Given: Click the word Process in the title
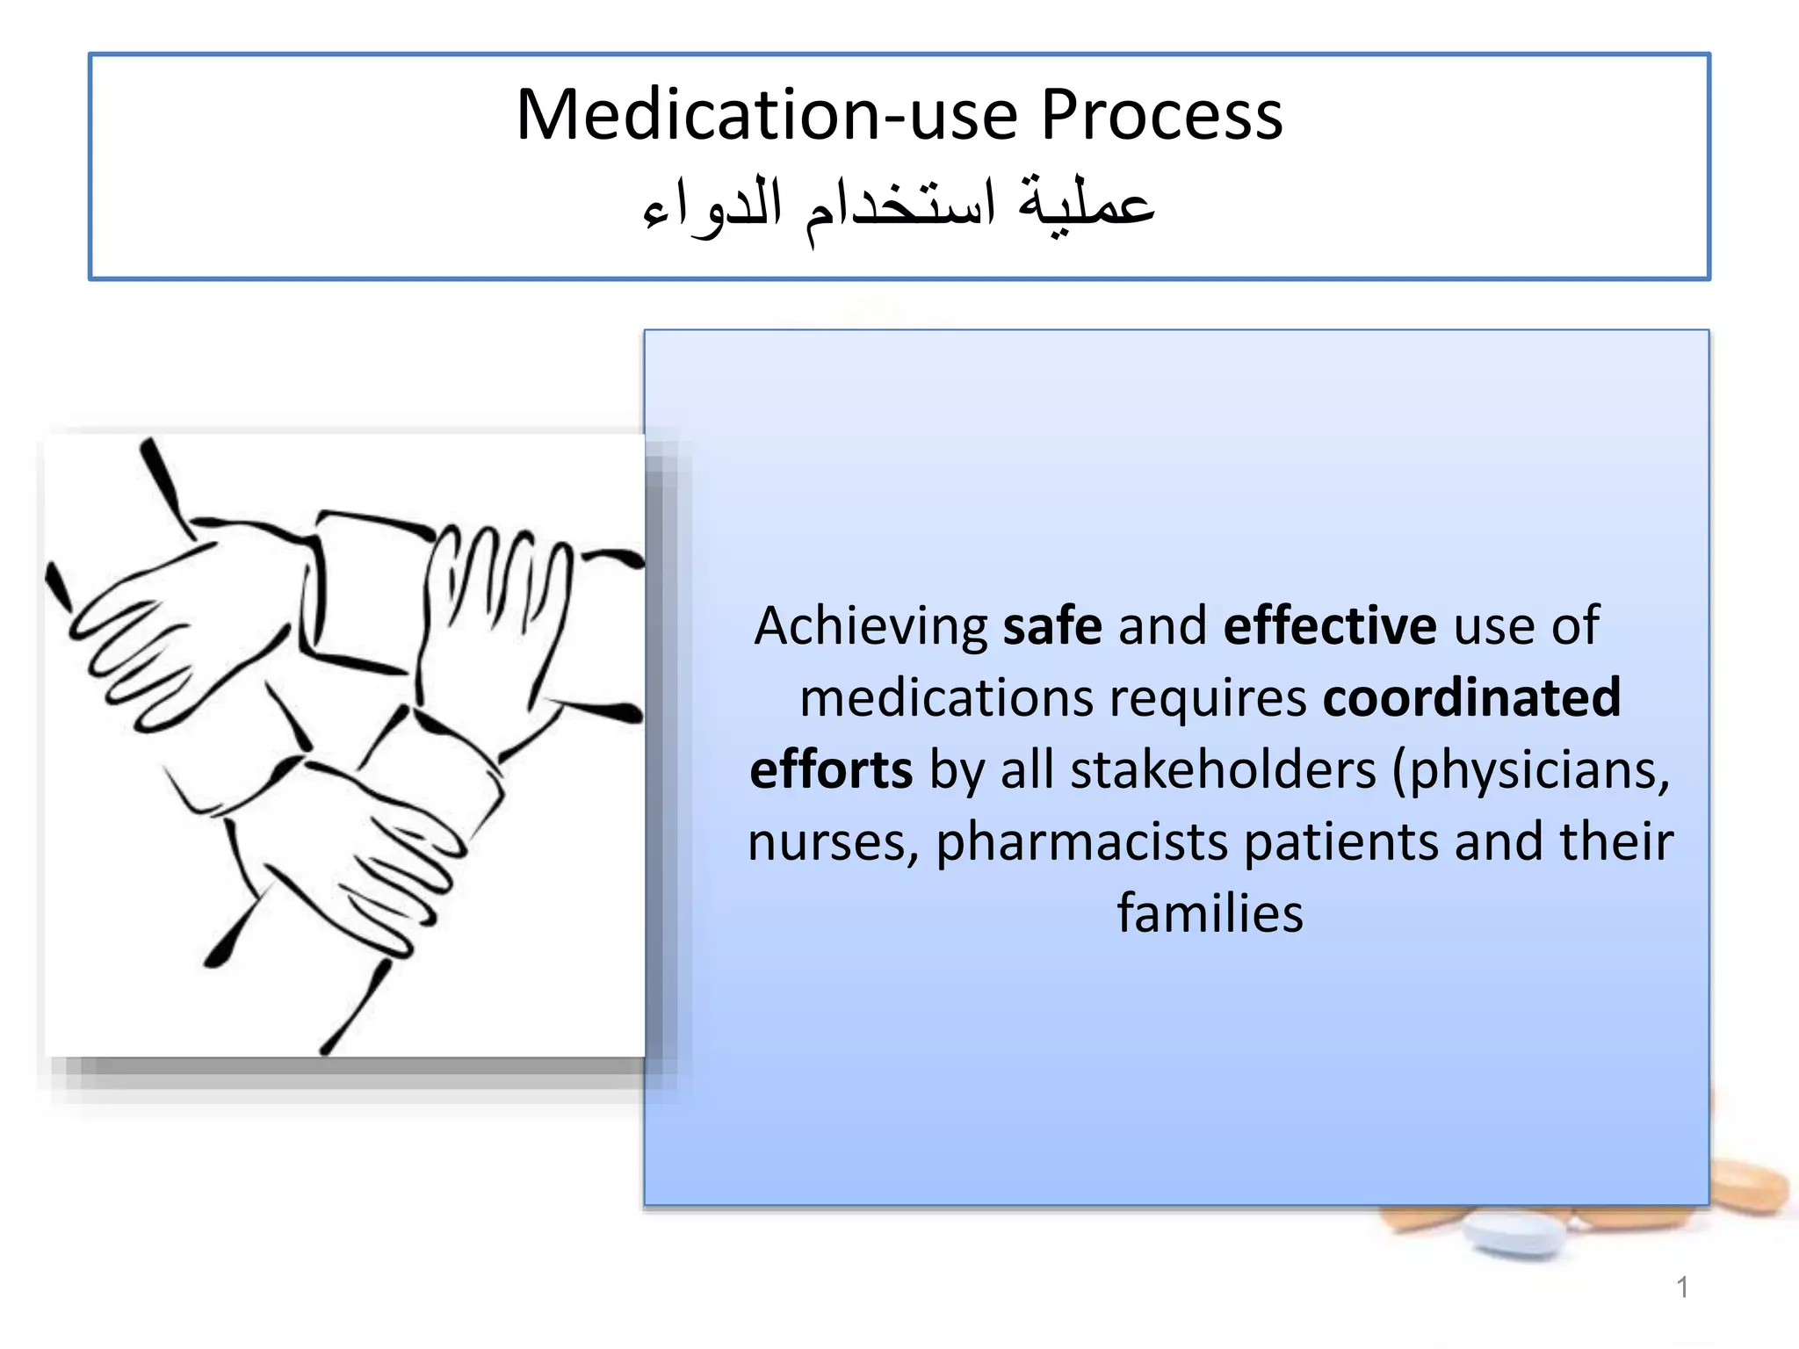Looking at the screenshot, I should pyautogui.click(x=1161, y=115).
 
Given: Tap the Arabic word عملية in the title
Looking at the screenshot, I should pyautogui.click(x=1086, y=204).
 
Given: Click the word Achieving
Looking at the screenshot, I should pyautogui.click(x=871, y=626).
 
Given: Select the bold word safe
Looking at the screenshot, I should pyautogui.click(x=1052, y=626).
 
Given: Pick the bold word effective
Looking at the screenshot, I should pyautogui.click(x=1330, y=626).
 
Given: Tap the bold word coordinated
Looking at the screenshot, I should pyautogui.click(x=1471, y=698).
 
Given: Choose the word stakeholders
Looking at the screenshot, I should pyautogui.click(x=1223, y=770).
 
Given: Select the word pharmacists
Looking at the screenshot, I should pyautogui.click(x=1081, y=843).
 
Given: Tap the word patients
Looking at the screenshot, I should pyautogui.click(x=1340, y=843).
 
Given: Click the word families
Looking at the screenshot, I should pyautogui.click(x=1210, y=914).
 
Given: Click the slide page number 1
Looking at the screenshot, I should pyautogui.click(x=1681, y=1288).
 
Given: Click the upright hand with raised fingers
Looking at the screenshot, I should pyautogui.click(x=496, y=615).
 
